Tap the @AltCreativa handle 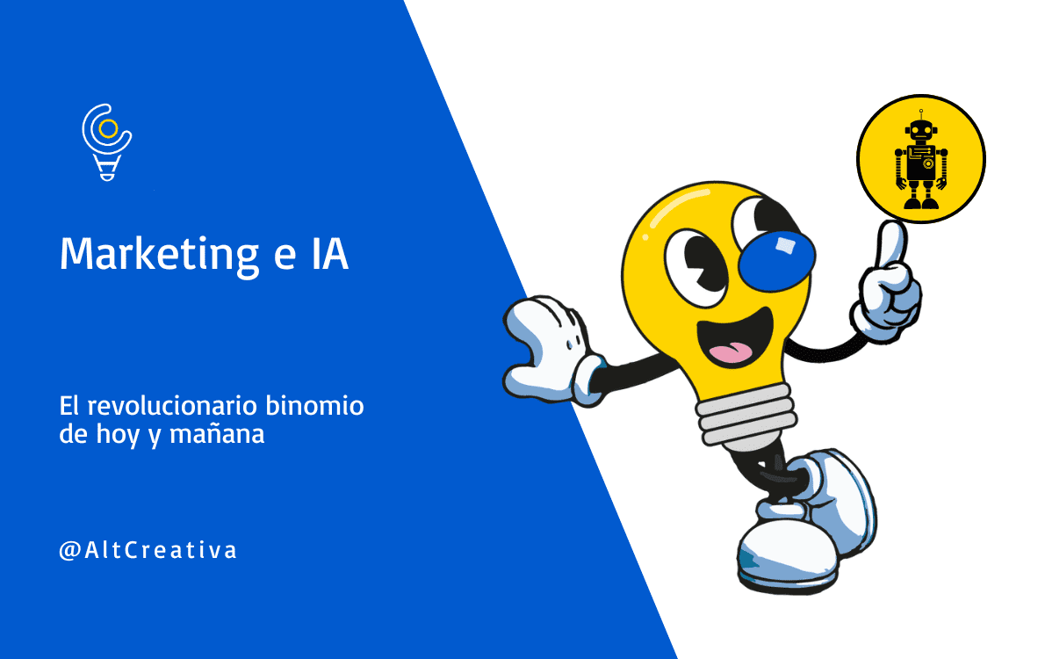coord(148,551)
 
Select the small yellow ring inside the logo coord(108,129)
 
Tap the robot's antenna coord(920,115)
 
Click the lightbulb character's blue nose coord(775,255)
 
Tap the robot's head coord(920,133)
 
